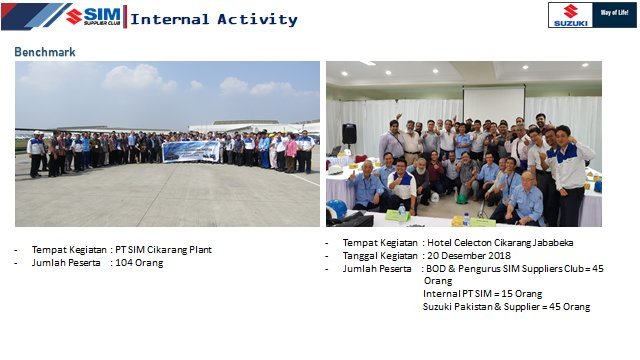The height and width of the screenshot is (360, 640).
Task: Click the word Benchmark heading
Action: tap(44, 51)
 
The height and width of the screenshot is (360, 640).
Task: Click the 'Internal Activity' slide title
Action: tap(214, 19)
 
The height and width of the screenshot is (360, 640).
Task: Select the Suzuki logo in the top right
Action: tap(570, 14)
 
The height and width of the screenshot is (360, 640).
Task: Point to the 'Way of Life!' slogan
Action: tap(613, 14)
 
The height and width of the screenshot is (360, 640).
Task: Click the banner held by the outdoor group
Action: tap(191, 151)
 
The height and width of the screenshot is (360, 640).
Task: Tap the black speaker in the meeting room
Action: tap(349, 133)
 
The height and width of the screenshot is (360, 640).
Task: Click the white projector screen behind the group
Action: tap(493, 104)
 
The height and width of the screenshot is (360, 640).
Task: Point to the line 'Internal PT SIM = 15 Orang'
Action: tap(482, 294)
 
